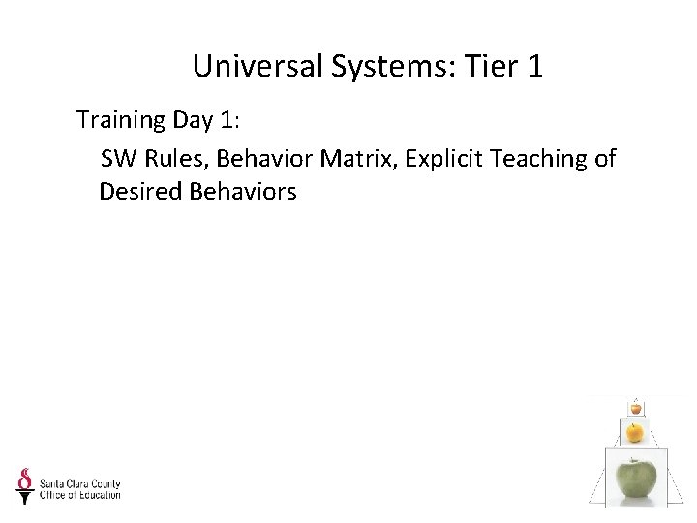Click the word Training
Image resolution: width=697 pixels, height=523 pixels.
tap(121, 121)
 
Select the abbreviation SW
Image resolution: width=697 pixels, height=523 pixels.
tap(119, 157)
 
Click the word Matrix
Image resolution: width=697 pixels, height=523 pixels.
tap(358, 157)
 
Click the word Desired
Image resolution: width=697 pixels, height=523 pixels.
tap(138, 192)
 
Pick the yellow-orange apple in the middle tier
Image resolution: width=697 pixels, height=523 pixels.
tap(635, 431)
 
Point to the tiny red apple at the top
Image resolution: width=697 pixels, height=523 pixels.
tap(635, 408)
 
